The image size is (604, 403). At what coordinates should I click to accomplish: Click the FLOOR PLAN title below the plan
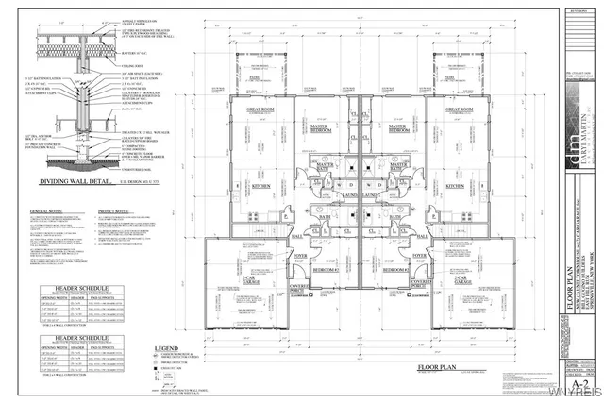click(x=441, y=367)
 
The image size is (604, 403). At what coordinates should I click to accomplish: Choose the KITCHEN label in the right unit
click(x=456, y=186)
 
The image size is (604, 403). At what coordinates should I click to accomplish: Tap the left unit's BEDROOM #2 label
click(x=327, y=270)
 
